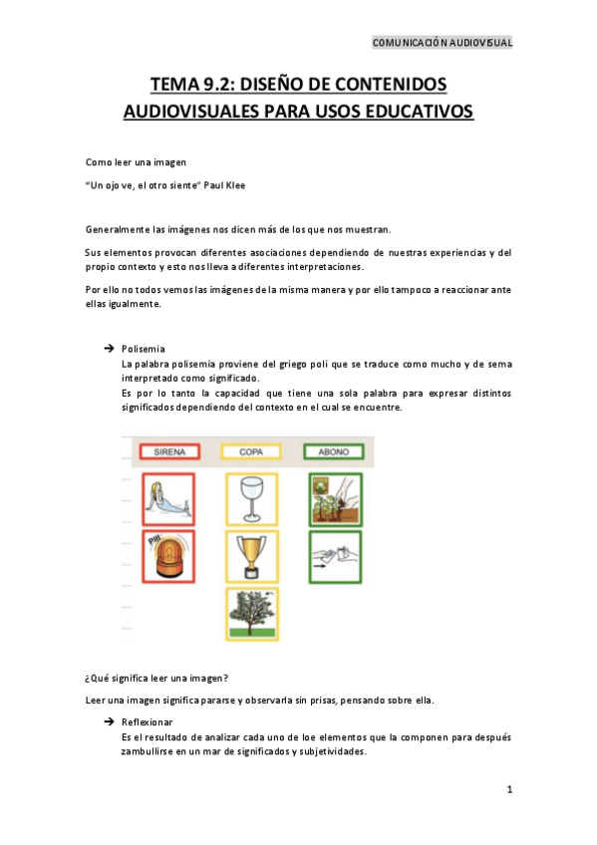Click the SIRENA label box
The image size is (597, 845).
[170, 451]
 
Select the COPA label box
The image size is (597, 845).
[251, 451]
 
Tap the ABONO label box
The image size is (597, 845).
[333, 451]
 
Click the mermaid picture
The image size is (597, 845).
[169, 498]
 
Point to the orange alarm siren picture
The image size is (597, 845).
[169, 557]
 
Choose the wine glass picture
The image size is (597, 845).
[251, 498]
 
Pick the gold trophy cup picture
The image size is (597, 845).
[251, 557]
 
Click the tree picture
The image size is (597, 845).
[251, 616]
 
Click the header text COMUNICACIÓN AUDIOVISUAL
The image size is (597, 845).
[442, 43]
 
